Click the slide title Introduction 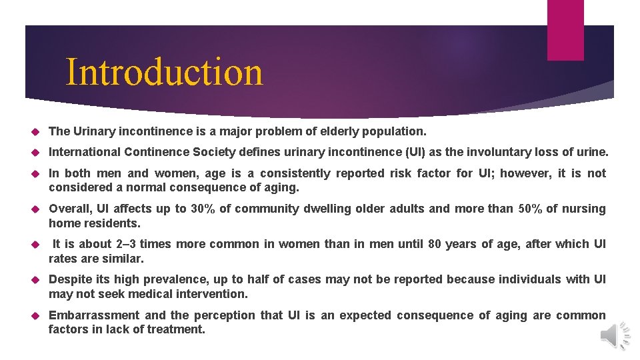(x=164, y=73)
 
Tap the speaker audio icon (x=615, y=334)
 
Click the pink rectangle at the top (x=565, y=30)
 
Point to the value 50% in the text (x=531, y=209)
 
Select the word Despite (x=71, y=279)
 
